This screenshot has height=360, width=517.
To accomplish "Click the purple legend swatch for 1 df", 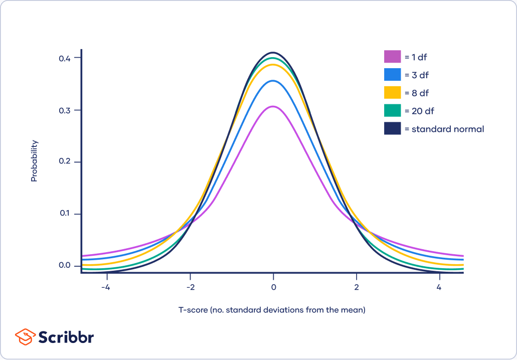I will (392, 57).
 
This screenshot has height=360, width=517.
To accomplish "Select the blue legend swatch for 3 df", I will (392, 75).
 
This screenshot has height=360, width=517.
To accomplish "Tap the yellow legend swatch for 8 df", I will (392, 93).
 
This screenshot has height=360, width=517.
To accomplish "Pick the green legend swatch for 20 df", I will (392, 111).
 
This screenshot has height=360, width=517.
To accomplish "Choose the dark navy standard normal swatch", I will (392, 129).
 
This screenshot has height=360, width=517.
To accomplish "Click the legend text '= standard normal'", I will (447, 129).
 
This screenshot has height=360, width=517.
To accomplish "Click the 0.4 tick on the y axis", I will (65, 58).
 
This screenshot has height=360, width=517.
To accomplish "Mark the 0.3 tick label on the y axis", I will (65, 110).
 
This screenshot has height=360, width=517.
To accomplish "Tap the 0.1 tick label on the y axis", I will (65, 214).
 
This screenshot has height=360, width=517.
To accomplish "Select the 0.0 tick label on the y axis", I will (65, 266).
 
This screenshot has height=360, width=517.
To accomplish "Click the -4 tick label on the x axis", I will (106, 288).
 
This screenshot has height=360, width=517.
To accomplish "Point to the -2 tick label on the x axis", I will (190, 288).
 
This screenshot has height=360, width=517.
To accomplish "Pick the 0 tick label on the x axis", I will (273, 288).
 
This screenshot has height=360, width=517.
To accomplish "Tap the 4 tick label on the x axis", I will (439, 288).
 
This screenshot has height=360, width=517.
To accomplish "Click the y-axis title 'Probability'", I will (34, 161).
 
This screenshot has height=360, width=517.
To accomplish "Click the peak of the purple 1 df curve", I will (273, 106).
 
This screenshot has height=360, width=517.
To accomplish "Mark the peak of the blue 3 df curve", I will (273, 81).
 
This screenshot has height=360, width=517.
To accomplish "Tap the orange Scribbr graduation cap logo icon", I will (25, 336).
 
